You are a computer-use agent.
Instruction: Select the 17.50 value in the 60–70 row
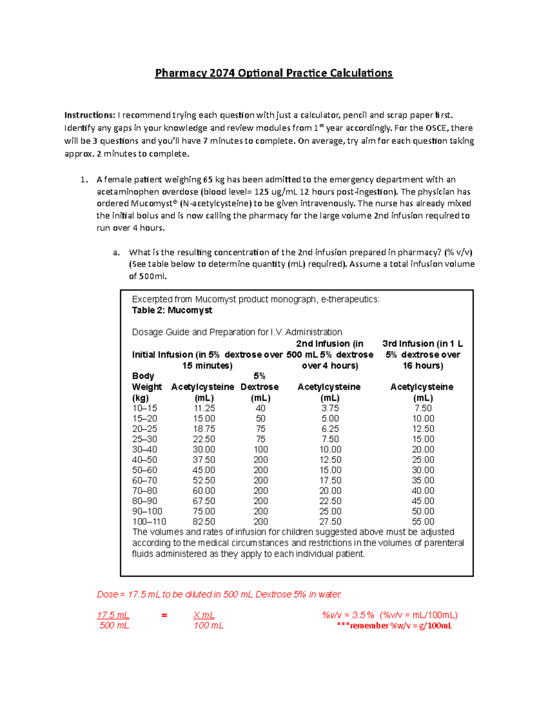pos(330,480)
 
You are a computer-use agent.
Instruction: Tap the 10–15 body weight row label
pos(144,408)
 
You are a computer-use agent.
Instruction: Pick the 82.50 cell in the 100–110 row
pos(204,521)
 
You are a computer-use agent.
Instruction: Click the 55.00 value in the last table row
pos(423,521)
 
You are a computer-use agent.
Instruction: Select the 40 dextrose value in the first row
pos(260,408)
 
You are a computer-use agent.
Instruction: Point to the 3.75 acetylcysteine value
pos(330,408)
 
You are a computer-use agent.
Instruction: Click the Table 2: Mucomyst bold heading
pos(172,310)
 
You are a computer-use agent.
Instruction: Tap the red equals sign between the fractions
pos(164,615)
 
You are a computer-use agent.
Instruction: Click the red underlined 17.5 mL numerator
pos(113,615)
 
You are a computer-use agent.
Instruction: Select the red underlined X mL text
pos(204,615)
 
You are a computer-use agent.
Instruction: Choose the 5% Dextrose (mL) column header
pos(260,387)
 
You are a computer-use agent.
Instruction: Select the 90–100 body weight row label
pos(147,511)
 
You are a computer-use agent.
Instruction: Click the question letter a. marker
pos(116,252)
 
